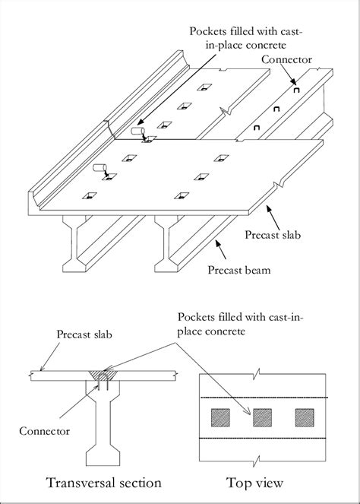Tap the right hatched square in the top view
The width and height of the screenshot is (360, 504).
tap(304, 417)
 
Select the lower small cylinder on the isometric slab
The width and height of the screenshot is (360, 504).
tap(99, 168)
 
